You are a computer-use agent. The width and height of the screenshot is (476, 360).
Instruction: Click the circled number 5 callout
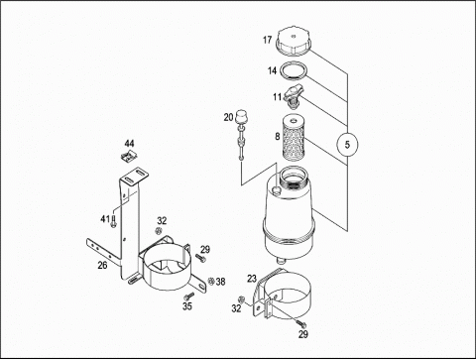click(x=347, y=145)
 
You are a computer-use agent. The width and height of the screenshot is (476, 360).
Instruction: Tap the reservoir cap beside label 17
click(x=295, y=42)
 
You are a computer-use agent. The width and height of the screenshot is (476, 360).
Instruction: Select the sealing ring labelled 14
click(x=294, y=70)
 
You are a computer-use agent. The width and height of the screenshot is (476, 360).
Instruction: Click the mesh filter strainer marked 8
click(x=294, y=137)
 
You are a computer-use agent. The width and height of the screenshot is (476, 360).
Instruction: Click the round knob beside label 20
click(x=241, y=117)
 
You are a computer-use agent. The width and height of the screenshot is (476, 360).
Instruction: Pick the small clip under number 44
click(x=129, y=156)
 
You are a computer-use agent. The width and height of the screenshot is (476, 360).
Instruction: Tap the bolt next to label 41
click(x=113, y=221)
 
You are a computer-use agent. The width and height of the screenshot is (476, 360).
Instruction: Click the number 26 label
click(x=102, y=265)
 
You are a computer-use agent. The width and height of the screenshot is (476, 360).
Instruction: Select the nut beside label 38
click(x=211, y=281)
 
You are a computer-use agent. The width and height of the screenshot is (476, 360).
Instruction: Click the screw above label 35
click(x=189, y=296)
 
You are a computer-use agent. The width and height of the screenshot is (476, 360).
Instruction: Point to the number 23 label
click(x=252, y=279)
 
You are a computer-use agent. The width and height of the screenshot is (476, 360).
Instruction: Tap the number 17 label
click(x=267, y=40)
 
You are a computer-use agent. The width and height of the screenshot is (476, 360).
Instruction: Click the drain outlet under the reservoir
click(x=281, y=261)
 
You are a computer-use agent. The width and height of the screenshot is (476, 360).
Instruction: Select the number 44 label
click(x=129, y=143)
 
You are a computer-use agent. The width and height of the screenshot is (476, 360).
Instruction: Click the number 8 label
click(x=278, y=136)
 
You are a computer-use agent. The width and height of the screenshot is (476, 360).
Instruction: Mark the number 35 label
click(x=187, y=306)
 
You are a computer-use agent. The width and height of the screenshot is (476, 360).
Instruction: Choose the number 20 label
click(x=228, y=117)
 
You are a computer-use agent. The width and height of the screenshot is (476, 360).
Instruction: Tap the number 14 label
click(x=272, y=70)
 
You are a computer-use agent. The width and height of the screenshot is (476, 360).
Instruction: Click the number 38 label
click(x=221, y=282)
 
